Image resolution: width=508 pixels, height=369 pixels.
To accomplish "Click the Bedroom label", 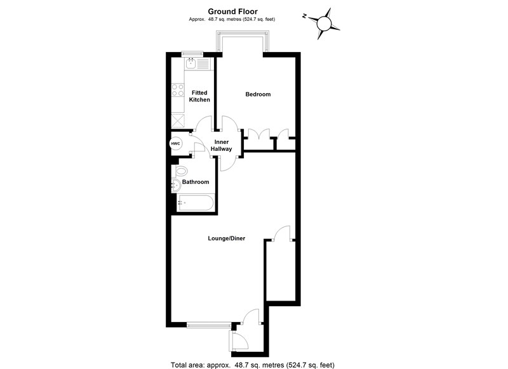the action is [x=258, y=94].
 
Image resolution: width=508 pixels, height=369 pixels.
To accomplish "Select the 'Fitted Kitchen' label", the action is [x=200, y=96].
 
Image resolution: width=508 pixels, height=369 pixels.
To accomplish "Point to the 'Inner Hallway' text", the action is [x=222, y=145].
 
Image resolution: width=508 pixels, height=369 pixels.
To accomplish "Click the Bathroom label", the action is [x=196, y=182].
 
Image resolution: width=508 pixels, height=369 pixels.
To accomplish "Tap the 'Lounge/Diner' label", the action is [x=227, y=238].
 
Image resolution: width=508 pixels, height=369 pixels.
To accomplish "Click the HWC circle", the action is [x=176, y=144].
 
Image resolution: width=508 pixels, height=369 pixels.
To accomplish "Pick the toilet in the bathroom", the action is [x=182, y=171].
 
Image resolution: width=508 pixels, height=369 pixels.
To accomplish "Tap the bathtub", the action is [x=196, y=203].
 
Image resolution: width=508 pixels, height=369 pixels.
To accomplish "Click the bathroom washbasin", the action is [x=175, y=184].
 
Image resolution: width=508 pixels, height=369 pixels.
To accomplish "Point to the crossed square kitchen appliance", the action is [x=177, y=120].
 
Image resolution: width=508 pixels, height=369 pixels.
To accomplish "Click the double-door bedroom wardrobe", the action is [x=258, y=136].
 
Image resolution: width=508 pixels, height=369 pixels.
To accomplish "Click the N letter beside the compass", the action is [x=305, y=16].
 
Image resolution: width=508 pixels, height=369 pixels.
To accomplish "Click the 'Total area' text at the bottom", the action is [x=253, y=364].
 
